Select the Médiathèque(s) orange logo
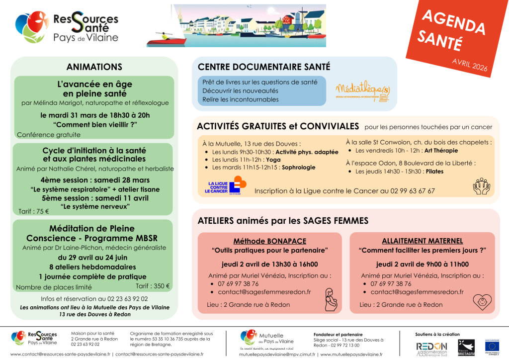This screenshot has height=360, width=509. pyautogui.click(x=362, y=90)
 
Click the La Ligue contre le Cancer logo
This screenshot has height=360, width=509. pyautogui.click(x=226, y=185)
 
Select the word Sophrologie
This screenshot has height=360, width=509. pyautogui.click(x=298, y=168)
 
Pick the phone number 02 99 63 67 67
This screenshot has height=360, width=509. pyautogui.click(x=410, y=191)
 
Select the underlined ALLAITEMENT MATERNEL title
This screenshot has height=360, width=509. pyautogui.click(x=422, y=241)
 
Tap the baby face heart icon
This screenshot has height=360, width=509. pyautogui.click(x=482, y=301)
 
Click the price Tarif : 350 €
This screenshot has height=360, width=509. pyautogui.click(x=153, y=286)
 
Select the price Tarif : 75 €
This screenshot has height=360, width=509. pyautogui.click(x=34, y=211)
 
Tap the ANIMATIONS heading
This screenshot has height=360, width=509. pyautogui.click(x=94, y=67)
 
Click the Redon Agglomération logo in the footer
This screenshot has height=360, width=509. pyautogui.click(x=431, y=348)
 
